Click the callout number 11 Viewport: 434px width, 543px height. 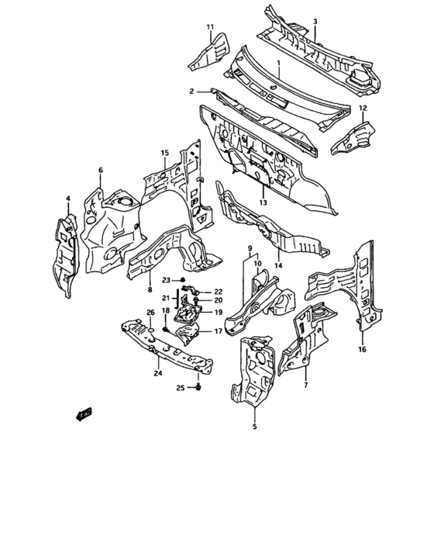coord(211,27)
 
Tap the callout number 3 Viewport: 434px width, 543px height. coord(315,22)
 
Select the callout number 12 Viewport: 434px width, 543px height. coord(363,108)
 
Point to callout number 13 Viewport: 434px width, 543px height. coord(263,202)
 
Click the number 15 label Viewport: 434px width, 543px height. coord(165,153)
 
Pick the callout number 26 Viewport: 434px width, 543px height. coord(150,313)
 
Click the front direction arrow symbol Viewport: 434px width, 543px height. coord(84,413)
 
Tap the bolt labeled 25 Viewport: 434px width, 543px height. coord(198,387)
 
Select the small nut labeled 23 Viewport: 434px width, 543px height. coord(183,280)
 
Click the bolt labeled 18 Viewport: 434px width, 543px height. coord(165,329)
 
